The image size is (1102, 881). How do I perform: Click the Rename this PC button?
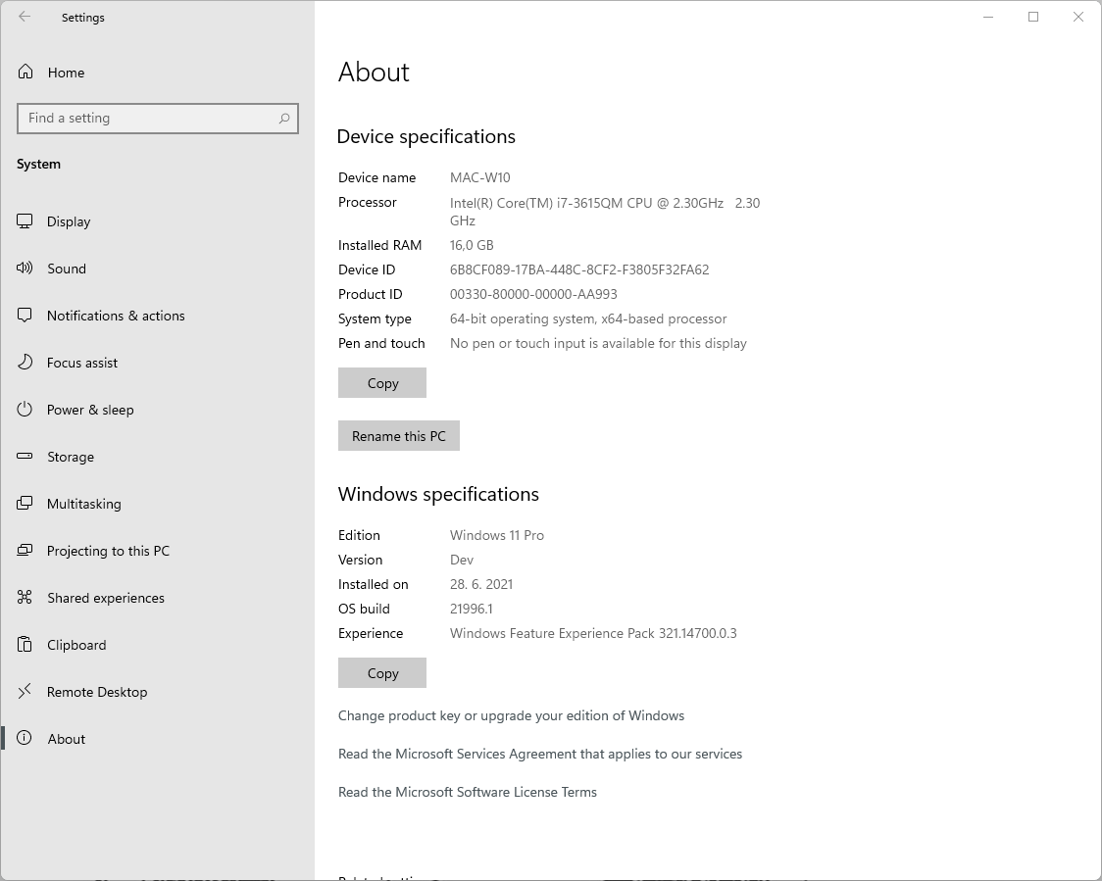pos(398,436)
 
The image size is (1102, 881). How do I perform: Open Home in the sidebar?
pos(66,73)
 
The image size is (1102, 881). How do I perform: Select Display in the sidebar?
pos(69,221)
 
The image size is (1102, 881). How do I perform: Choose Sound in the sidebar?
pos(67,269)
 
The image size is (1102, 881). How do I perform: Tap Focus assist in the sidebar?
pos(82,363)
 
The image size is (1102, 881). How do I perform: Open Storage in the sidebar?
pos(71,457)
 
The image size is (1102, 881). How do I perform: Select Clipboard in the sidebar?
pos(76,645)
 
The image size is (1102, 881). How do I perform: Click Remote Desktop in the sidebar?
pos(97,692)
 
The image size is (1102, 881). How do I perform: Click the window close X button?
pos(1078,17)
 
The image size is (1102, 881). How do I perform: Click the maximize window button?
pos(1033,17)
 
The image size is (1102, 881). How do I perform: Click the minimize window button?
pos(988,17)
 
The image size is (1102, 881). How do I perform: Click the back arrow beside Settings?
pos(25,17)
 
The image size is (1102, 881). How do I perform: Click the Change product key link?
pos(511,715)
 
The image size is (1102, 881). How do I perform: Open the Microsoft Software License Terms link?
pos(467,792)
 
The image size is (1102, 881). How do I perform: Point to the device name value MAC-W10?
pos(479,177)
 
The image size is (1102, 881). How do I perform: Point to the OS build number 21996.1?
pos(471,609)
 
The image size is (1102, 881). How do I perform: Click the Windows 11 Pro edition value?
pos(496,535)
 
